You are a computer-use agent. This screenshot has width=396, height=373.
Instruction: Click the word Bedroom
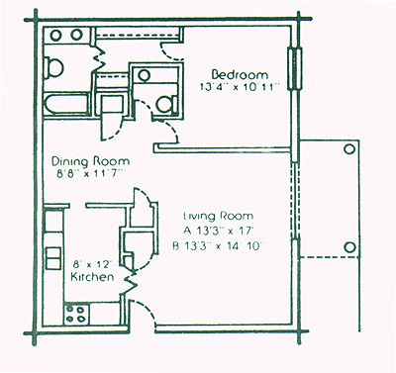(x=240, y=74)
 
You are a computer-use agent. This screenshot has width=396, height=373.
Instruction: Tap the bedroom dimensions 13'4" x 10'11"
(x=240, y=87)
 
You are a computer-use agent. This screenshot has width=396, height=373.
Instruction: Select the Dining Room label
(x=91, y=161)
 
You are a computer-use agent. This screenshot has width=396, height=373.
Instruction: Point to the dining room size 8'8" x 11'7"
(x=89, y=174)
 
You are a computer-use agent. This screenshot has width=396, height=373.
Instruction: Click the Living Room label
(x=219, y=216)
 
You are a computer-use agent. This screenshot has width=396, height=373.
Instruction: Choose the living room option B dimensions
(x=218, y=246)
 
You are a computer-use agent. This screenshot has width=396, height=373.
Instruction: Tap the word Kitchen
(x=93, y=276)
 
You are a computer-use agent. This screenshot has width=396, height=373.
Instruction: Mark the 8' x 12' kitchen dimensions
(x=92, y=264)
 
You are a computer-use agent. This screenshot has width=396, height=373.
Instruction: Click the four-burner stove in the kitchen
(x=76, y=314)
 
